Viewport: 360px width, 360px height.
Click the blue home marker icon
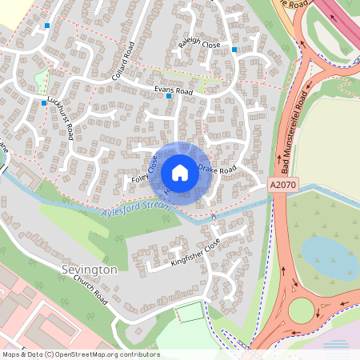(180, 173)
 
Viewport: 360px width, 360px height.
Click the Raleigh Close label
(199, 46)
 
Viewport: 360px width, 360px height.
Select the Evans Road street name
(174, 90)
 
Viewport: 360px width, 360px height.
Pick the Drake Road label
(218, 170)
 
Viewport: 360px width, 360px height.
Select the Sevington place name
(89, 270)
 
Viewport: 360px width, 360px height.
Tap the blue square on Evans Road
(169, 97)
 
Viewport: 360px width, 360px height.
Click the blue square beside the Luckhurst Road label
(44, 102)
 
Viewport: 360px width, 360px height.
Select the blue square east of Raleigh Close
(234, 50)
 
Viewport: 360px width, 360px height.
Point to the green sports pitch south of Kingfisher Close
(190, 313)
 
